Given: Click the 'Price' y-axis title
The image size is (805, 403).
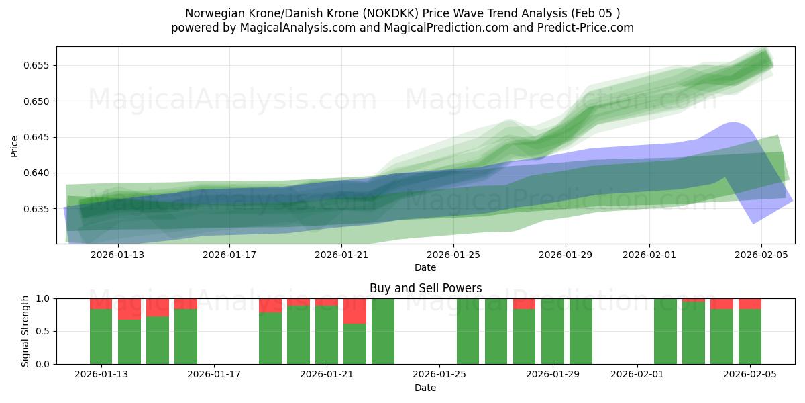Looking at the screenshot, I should [x=15, y=145].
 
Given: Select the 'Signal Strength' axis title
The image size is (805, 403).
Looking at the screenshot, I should [x=25, y=331].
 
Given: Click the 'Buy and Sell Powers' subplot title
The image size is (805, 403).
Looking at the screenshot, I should [x=425, y=288].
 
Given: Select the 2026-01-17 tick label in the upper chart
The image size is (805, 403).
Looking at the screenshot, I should [x=230, y=255].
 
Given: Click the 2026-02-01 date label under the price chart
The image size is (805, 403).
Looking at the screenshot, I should [x=649, y=255].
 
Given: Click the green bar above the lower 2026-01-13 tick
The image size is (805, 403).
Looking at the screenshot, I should [x=101, y=336].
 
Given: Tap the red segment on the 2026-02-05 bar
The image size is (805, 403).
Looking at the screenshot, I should [x=750, y=304].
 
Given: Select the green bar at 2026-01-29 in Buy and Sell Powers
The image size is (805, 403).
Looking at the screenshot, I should [x=553, y=331].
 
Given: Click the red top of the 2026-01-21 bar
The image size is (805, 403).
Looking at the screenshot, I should [x=327, y=302].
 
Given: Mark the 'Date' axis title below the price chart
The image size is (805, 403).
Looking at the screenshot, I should [x=425, y=267].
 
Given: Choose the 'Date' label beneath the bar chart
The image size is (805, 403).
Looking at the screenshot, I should [x=425, y=388].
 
